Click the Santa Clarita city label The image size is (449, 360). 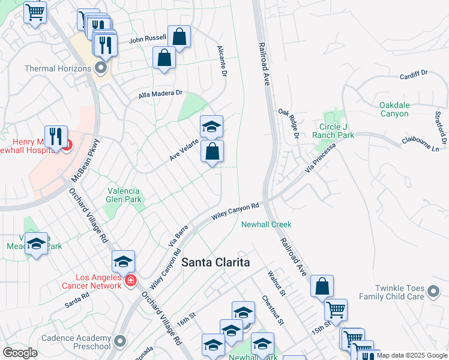pyautogui.click(x=215, y=263)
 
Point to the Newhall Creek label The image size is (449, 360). pyautogui.click(x=266, y=224)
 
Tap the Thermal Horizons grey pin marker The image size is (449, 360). pyautogui.click(x=100, y=68)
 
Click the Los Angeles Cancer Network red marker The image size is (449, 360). pyautogui.click(x=131, y=280)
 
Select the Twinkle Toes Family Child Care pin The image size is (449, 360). pyautogui.click(x=433, y=292)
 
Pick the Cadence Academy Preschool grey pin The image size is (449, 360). pyautogui.click(x=120, y=341)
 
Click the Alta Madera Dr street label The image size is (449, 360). pyautogui.click(x=160, y=94)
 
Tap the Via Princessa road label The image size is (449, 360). pyautogui.click(x=318, y=158)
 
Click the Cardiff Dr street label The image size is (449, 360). pyautogui.click(x=414, y=75)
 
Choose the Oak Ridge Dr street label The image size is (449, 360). pyautogui.click(x=289, y=122)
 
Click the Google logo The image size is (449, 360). pyautogui.click(x=20, y=353)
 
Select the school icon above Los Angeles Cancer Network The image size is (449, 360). pyautogui.click(x=123, y=261)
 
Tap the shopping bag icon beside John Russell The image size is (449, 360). pyautogui.click(x=179, y=37)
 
